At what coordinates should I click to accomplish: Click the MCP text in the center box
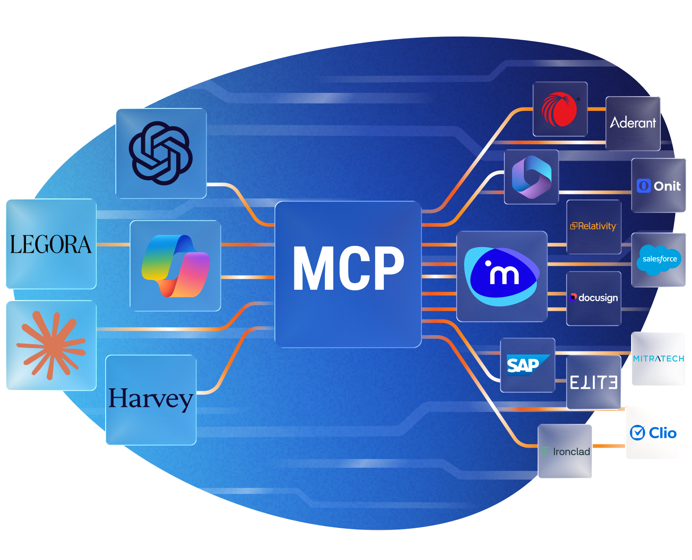(x=348, y=269)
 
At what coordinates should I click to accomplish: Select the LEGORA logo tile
(x=51, y=244)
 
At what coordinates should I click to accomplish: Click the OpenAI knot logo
(x=161, y=153)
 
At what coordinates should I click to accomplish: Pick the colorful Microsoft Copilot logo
(x=175, y=266)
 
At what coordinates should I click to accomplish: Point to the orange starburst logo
(x=51, y=345)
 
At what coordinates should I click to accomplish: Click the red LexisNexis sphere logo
(x=559, y=109)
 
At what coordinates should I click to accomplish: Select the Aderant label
(x=633, y=123)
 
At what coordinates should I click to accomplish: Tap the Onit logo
(x=659, y=186)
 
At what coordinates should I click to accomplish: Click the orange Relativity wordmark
(x=594, y=226)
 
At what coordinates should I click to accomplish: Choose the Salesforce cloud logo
(x=659, y=259)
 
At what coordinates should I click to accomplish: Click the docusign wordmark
(x=594, y=298)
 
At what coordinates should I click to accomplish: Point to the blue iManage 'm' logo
(x=502, y=276)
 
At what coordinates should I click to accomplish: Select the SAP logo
(x=527, y=365)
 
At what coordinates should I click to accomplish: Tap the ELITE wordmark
(x=593, y=382)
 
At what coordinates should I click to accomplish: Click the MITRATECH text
(x=658, y=359)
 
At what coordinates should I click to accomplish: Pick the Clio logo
(x=653, y=433)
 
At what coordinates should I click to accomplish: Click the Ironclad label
(x=565, y=452)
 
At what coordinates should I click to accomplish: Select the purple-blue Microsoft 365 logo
(x=531, y=177)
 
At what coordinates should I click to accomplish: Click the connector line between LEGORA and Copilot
(x=113, y=245)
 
